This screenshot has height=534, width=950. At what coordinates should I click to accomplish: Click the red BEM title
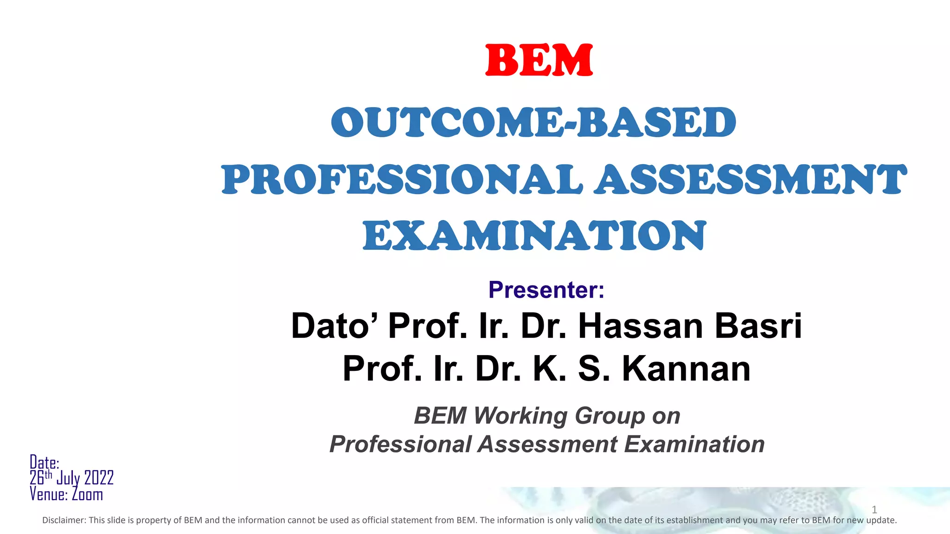pyautogui.click(x=539, y=60)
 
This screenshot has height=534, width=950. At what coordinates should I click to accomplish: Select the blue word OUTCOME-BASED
pyautogui.click(x=533, y=122)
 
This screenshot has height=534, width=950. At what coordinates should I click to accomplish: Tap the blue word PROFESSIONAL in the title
pyautogui.click(x=402, y=180)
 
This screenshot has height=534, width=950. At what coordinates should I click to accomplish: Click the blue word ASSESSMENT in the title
pyautogui.click(x=751, y=180)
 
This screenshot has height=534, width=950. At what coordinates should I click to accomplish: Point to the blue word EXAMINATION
pyautogui.click(x=534, y=236)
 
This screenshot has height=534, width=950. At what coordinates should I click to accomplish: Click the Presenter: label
pyautogui.click(x=546, y=290)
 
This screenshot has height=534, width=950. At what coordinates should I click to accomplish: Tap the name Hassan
pyautogui.click(x=642, y=326)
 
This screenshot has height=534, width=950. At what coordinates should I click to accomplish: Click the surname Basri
pyautogui.click(x=758, y=326)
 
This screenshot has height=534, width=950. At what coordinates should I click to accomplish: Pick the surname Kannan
pyautogui.click(x=686, y=369)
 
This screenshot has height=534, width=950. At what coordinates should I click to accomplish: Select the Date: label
pyautogui.click(x=45, y=462)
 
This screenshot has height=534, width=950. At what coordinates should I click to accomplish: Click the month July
pyautogui.click(x=68, y=478)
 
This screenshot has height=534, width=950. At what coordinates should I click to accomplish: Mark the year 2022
pyautogui.click(x=99, y=478)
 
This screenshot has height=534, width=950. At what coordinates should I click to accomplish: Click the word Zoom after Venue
pyautogui.click(x=87, y=494)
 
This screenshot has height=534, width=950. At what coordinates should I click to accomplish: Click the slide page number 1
pyautogui.click(x=874, y=510)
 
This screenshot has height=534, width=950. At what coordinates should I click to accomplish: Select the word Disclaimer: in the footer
pyautogui.click(x=64, y=520)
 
